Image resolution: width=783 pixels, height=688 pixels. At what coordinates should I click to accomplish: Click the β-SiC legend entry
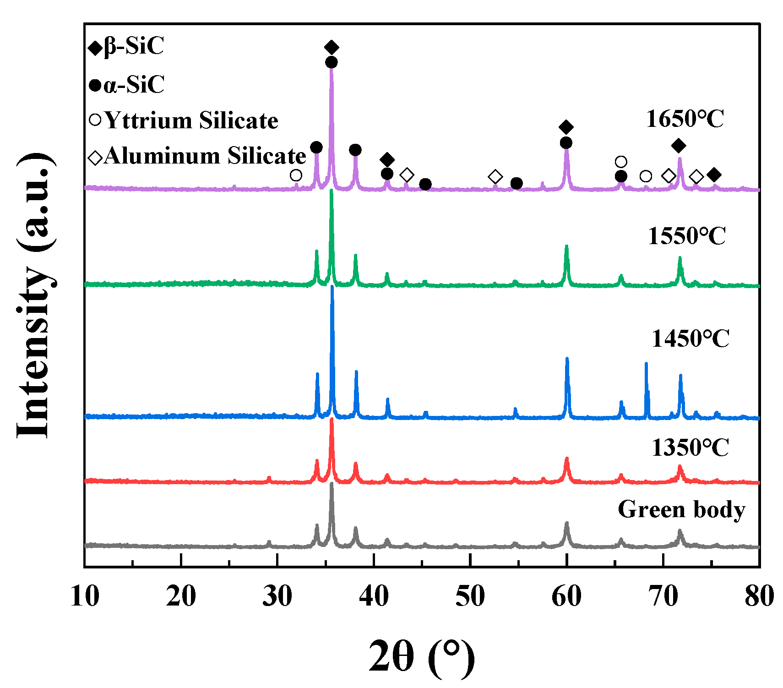pyautogui.click(x=126, y=47)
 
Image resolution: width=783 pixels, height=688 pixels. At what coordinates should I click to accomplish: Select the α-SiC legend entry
pyautogui.click(x=126, y=85)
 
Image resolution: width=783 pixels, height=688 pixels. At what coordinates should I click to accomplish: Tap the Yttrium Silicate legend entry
pyautogui.click(x=183, y=120)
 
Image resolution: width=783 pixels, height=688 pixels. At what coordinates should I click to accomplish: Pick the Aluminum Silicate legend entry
pyautogui.click(x=197, y=156)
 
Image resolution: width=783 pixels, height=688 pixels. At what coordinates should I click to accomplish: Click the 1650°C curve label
pyautogui.click(x=685, y=119)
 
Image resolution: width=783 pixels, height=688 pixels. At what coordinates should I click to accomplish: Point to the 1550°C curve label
pyautogui.click(x=686, y=236)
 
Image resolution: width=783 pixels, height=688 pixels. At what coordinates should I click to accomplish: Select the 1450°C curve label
pyautogui.click(x=690, y=339)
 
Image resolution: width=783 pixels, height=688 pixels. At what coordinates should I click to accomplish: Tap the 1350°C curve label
pyautogui.click(x=690, y=448)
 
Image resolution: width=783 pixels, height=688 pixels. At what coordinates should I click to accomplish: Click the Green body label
pyautogui.click(x=681, y=509)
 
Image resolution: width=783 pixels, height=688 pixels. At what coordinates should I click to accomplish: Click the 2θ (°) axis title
pyautogui.click(x=421, y=656)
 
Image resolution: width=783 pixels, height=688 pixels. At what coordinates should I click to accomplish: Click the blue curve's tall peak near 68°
pyautogui.click(x=646, y=364)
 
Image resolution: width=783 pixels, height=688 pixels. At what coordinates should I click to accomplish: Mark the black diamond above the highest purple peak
pyautogui.click(x=332, y=47)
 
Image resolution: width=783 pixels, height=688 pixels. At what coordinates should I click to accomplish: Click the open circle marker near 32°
pyautogui.click(x=296, y=175)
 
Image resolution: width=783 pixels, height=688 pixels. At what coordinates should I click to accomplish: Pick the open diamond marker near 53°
pyautogui.click(x=495, y=176)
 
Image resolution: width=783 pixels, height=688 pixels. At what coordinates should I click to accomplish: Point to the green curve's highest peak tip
pyautogui.click(x=332, y=191)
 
